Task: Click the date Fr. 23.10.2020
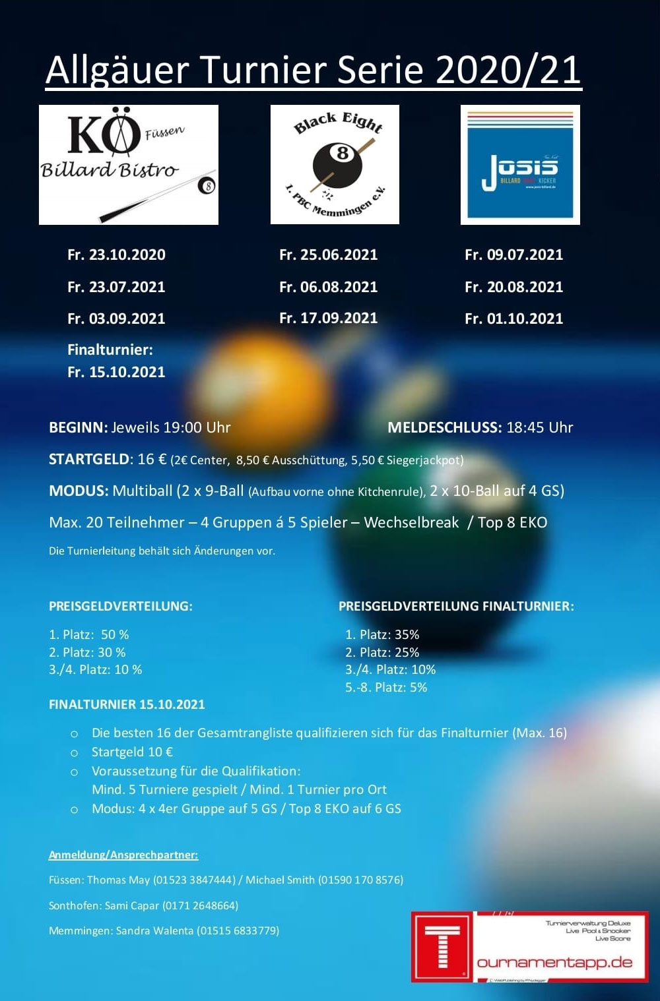pos(116,255)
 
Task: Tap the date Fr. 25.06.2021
pos(328,255)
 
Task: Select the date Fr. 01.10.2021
pos(513,318)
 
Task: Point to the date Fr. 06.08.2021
pos(328,287)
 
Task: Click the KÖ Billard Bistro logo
pos(129,165)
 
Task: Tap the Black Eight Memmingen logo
pos(335,165)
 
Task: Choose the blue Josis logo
pos(520,165)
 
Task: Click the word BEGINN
pos(78,427)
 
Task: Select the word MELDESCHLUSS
pos(445,427)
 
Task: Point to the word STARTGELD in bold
pos(90,459)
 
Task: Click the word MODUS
pos(79,491)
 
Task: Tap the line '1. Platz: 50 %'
pos(89,634)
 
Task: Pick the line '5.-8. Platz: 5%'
pos(386,687)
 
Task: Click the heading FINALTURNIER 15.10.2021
pos(127,704)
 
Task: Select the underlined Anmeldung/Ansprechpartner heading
pos(123,855)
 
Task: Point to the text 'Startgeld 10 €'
pos(132,752)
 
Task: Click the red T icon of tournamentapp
pos(442,947)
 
